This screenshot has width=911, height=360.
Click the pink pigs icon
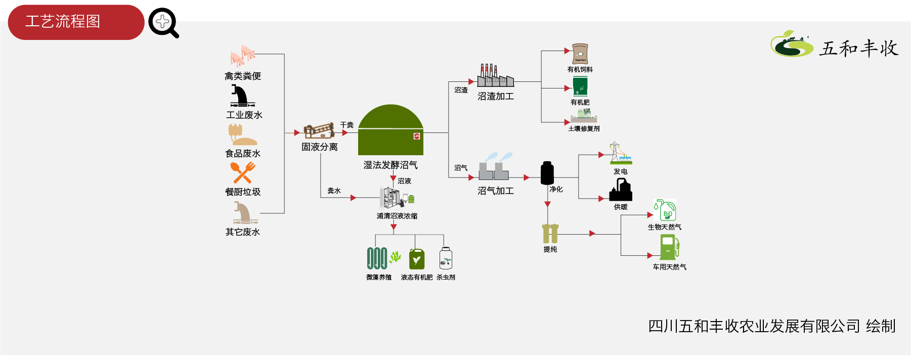(x=242, y=56)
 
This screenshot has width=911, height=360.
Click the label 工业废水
(x=244, y=115)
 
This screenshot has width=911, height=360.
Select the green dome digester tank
(x=391, y=130)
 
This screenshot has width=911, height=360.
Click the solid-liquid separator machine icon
(x=319, y=130)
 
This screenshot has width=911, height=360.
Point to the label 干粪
(x=347, y=125)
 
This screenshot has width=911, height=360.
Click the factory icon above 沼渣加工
(x=496, y=75)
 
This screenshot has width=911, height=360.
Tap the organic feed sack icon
(x=580, y=54)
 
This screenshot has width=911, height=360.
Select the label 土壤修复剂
(x=584, y=129)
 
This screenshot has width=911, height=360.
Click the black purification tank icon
(x=547, y=173)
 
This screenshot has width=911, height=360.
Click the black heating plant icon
(x=621, y=190)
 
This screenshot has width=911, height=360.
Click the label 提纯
(x=550, y=249)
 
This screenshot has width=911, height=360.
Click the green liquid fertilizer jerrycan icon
(x=416, y=259)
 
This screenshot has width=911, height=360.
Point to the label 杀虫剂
(x=446, y=278)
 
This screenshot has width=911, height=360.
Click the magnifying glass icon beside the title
(x=163, y=23)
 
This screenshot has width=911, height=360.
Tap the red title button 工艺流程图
(x=76, y=22)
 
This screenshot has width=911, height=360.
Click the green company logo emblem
(x=791, y=44)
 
